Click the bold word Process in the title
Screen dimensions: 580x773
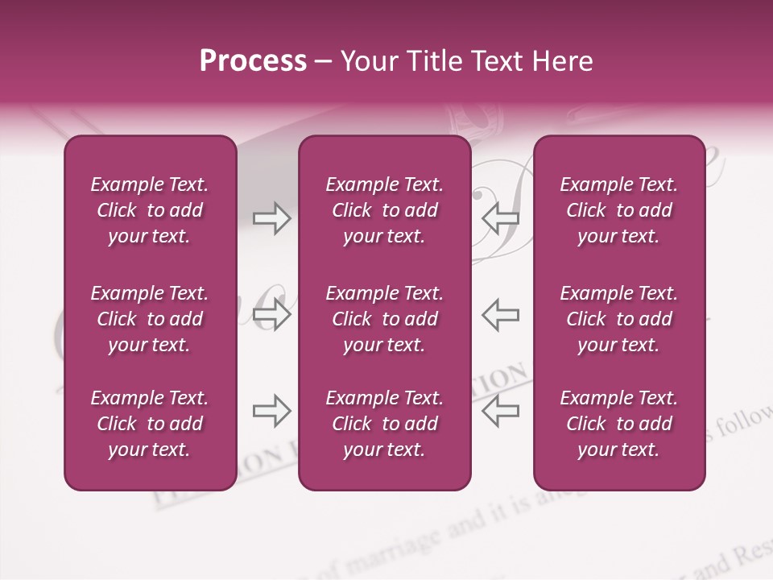pyautogui.click(x=253, y=61)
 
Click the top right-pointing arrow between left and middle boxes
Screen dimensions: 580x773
pyautogui.click(x=271, y=217)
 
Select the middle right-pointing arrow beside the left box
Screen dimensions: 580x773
pyautogui.click(x=271, y=314)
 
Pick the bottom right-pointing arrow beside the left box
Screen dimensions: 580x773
pyautogui.click(x=271, y=411)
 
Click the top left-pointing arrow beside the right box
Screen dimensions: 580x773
pyautogui.click(x=501, y=217)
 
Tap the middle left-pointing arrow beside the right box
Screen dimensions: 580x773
pyautogui.click(x=501, y=314)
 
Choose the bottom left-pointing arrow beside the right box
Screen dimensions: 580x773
pyautogui.click(x=501, y=411)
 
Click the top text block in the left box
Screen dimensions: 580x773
pyautogui.click(x=150, y=210)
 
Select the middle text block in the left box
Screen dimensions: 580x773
pyautogui.click(x=150, y=319)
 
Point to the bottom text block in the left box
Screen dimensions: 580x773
pyautogui.click(x=150, y=424)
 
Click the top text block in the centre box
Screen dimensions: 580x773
pyautogui.click(x=384, y=210)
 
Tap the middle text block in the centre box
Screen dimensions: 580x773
pyautogui.click(x=384, y=319)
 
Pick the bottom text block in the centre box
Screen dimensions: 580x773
pyautogui.click(x=384, y=424)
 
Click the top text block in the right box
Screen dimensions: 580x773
pyautogui.click(x=618, y=210)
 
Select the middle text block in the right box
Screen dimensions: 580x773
pyautogui.click(x=618, y=319)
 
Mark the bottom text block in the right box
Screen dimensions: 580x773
pyautogui.click(x=618, y=424)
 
